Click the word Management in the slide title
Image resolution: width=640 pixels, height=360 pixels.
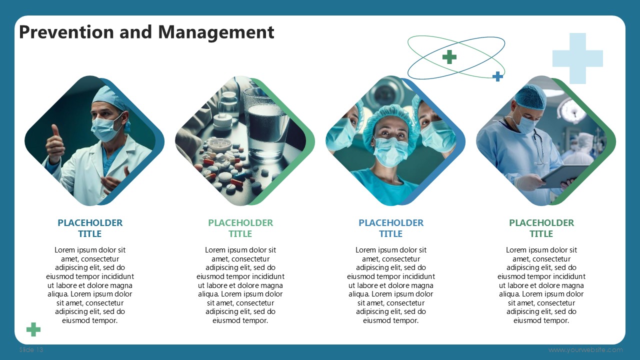[216, 33]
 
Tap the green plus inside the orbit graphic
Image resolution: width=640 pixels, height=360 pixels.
[449, 57]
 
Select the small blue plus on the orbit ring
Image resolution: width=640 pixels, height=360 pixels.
[497, 76]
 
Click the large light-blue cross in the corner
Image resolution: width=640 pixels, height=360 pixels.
[577, 58]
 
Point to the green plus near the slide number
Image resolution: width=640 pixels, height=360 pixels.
[33, 329]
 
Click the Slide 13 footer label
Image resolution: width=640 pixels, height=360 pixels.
[31, 349]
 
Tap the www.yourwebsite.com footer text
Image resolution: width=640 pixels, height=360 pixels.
[585, 349]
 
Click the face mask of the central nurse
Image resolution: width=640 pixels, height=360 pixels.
[390, 151]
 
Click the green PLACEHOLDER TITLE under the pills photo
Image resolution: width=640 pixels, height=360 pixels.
[240, 228]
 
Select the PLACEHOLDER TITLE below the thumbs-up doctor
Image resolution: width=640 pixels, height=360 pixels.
[90, 228]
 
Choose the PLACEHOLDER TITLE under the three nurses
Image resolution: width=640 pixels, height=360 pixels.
[391, 228]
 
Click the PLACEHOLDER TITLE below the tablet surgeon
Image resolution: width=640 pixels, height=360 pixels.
[541, 228]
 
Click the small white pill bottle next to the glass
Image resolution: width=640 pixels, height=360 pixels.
[223, 121]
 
